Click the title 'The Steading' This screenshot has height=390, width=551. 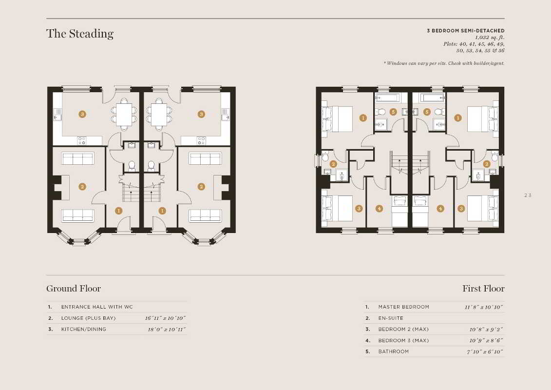coord(80,34)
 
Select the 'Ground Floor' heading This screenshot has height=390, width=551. coord(74,289)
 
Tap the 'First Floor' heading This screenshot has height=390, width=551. coord(483,289)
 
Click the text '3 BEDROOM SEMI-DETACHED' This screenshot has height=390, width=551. coord(466,31)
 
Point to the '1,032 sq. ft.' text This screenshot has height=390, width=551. coord(490,37)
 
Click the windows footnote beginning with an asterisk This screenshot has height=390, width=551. coord(444,63)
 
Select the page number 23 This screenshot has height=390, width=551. coord(528,195)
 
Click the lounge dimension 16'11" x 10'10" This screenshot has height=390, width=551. coord(165,318)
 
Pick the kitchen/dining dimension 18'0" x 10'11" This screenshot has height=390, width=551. coord(167,329)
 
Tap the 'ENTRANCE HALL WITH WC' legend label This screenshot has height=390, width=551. coord(97,307)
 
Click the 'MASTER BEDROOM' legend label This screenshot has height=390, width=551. coord(404,307)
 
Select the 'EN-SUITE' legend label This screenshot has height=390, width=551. coord(391,318)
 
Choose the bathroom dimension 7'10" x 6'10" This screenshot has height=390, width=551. coord(485,351)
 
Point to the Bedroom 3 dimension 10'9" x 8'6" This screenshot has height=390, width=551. coord(486,340)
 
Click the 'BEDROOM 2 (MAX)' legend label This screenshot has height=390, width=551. coord(403,329)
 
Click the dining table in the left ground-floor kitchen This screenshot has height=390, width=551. coord(124,115)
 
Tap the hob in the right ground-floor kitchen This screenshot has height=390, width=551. coord(201,141)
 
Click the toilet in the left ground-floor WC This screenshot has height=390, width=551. coord(132,166)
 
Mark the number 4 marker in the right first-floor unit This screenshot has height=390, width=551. coord(440,209)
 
